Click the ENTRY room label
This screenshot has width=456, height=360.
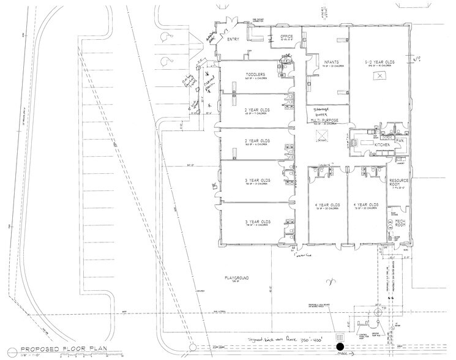pyautogui.click(x=231, y=40)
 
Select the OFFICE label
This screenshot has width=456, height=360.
pyautogui.click(x=287, y=37)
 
